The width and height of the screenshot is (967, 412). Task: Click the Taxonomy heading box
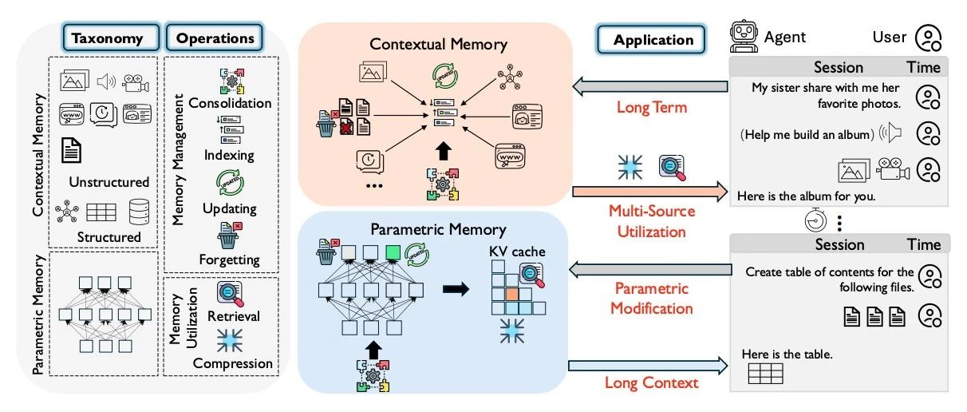point(107,38)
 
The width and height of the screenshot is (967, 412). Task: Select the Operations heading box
point(213,38)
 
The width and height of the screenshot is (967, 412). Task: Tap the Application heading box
point(653,38)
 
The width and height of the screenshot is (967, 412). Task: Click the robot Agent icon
point(743,35)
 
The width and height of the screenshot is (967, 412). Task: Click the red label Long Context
point(652,382)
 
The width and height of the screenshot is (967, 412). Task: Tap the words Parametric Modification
point(651,297)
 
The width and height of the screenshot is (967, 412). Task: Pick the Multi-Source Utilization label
point(652,222)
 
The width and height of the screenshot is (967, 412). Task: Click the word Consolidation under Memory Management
point(230,103)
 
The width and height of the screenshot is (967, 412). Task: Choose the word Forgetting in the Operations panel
point(230,259)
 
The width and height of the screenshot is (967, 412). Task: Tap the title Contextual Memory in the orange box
point(435,45)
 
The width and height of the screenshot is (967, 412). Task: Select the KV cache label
point(518,252)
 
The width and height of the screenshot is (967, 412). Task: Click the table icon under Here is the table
point(765,373)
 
